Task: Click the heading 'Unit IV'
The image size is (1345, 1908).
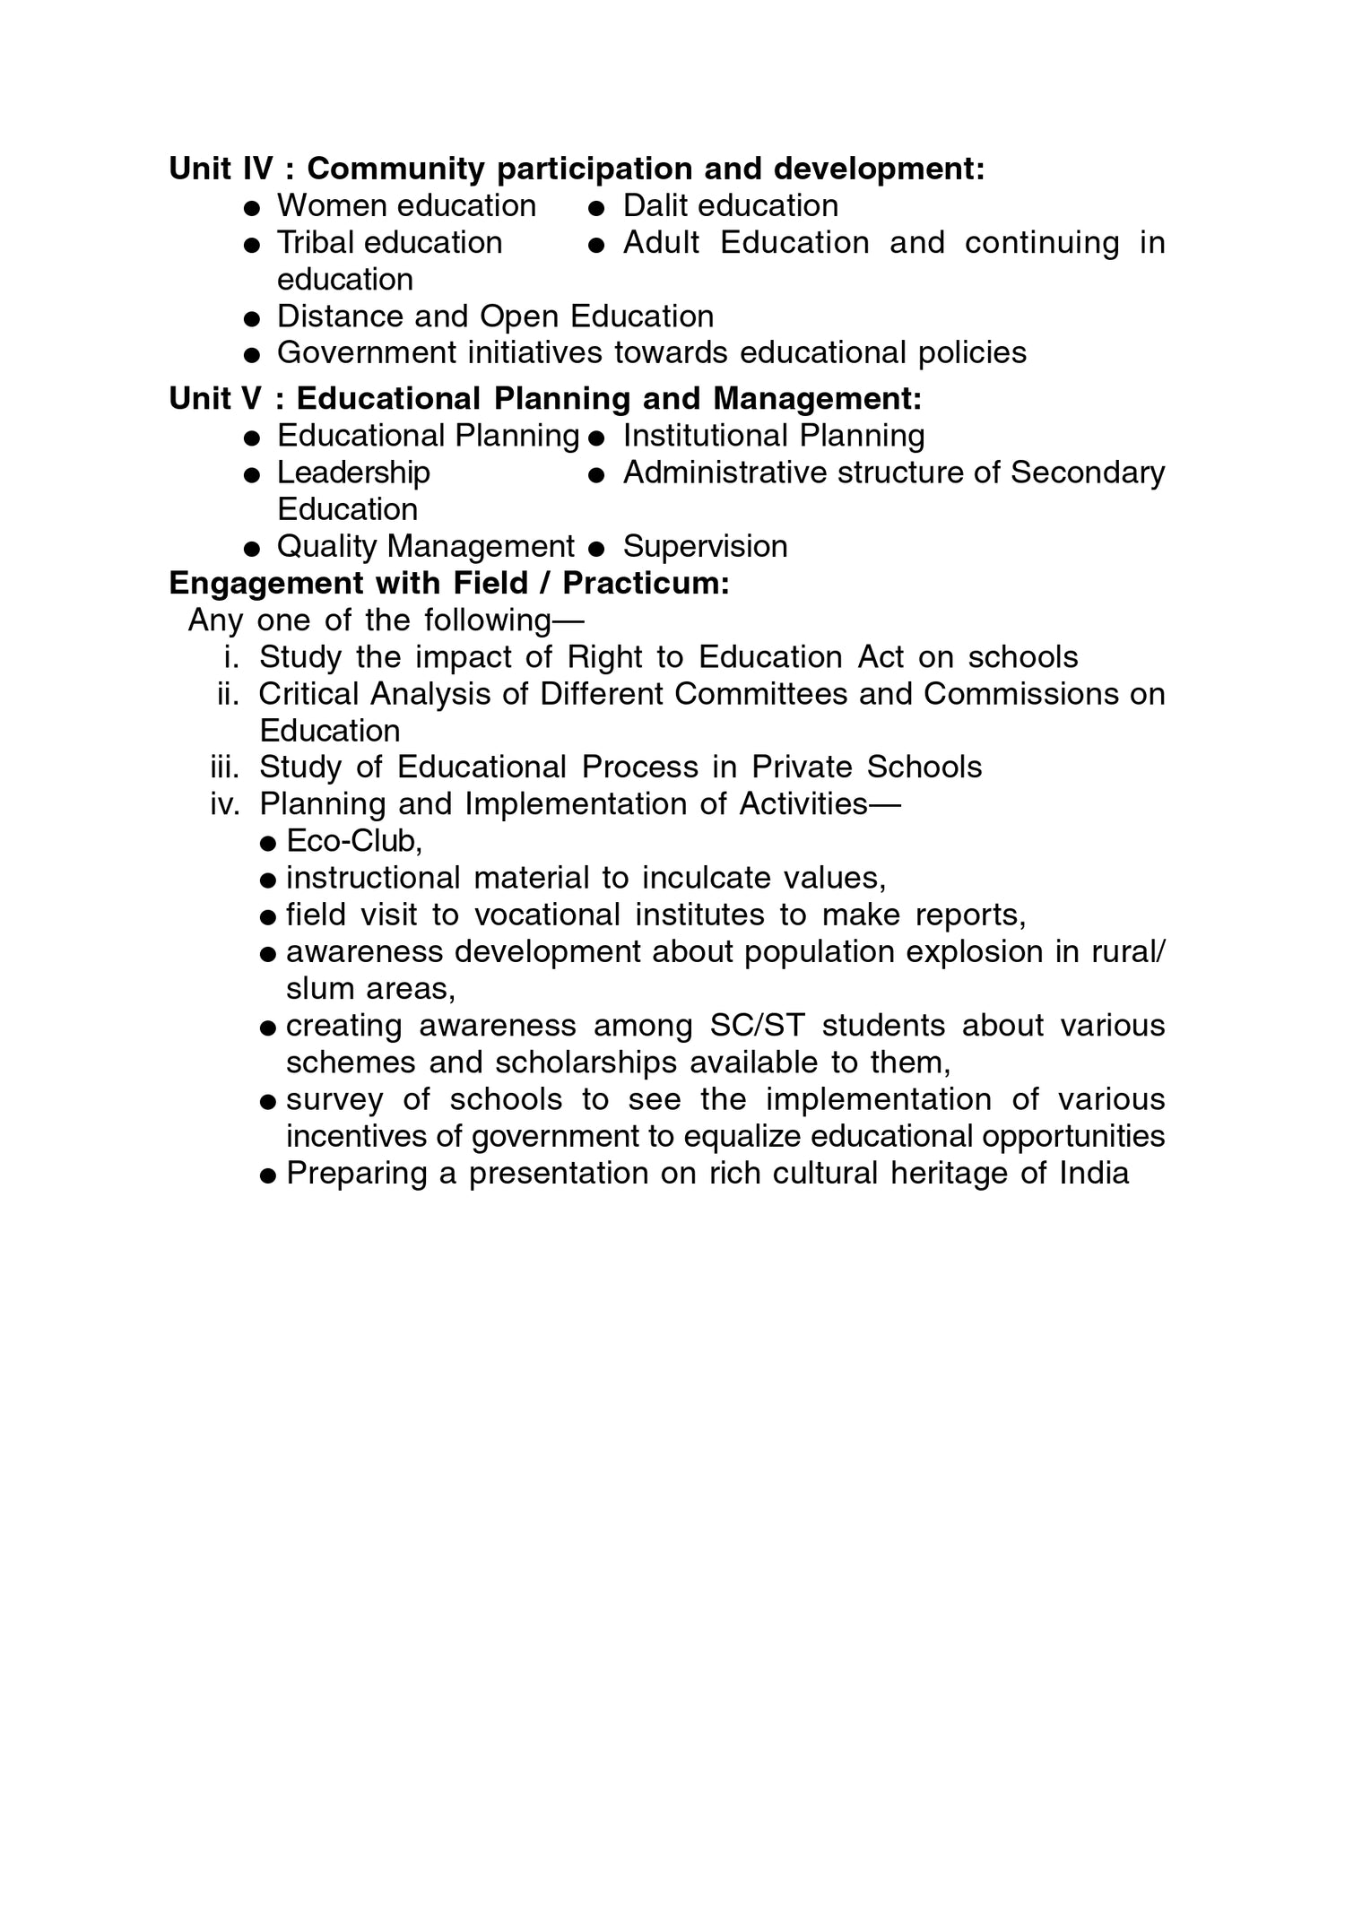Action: coord(221,169)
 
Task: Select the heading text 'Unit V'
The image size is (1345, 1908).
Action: coord(216,398)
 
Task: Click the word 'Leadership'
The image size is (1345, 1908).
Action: coord(353,473)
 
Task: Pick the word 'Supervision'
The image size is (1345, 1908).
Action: coord(705,546)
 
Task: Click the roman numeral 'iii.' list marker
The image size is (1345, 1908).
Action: coord(225,768)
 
